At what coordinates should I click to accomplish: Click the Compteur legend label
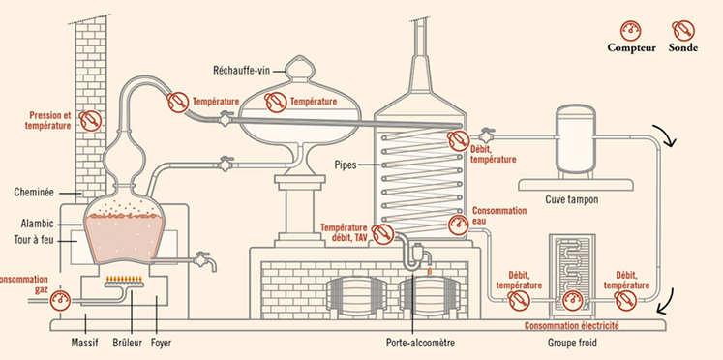click(631, 47)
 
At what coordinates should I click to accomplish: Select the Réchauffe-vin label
click(242, 70)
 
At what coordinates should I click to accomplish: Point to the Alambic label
click(37, 222)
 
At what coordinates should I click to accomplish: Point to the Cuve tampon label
click(571, 200)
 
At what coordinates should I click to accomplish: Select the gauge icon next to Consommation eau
click(458, 225)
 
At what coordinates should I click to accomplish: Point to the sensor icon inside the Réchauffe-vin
click(275, 100)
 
